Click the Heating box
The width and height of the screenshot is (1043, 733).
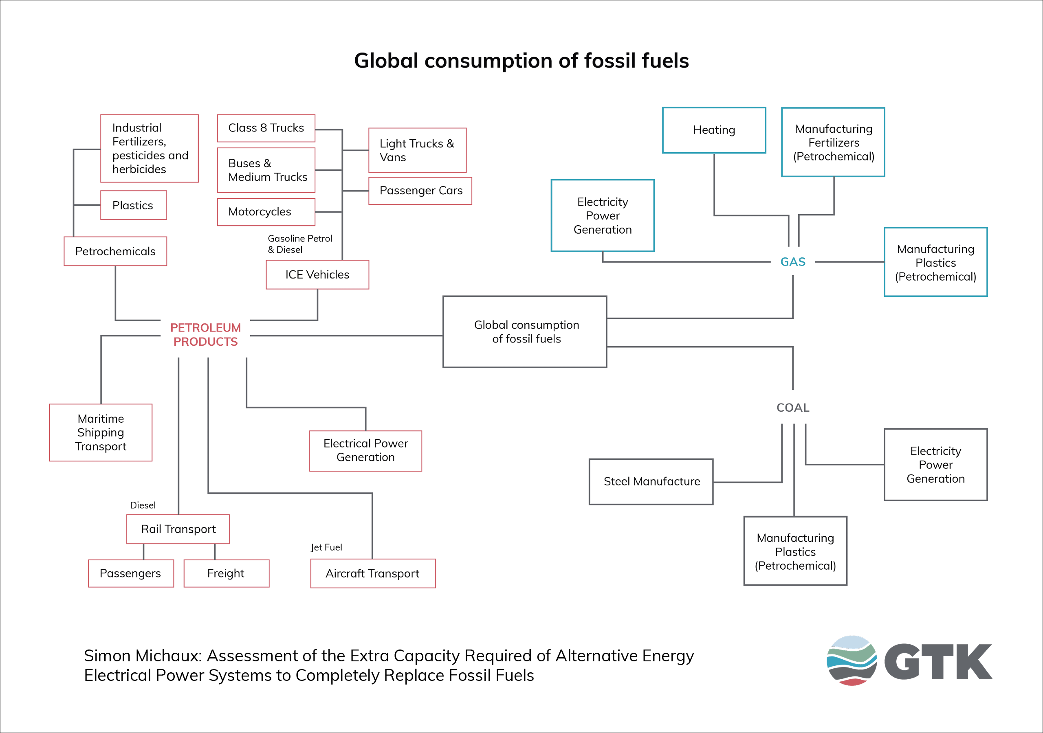714,130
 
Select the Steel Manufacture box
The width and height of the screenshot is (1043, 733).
651,481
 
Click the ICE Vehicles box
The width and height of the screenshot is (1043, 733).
317,274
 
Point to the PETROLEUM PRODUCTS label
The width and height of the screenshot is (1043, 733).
205,335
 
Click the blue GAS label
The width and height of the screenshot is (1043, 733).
793,262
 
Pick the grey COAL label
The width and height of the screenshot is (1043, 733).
793,407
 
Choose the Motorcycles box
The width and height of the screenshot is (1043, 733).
266,212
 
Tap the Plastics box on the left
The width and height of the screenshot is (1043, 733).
133,205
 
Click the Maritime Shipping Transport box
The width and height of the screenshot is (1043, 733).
100,432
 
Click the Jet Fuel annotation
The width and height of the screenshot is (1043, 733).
326,547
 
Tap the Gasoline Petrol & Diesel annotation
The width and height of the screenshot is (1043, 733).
299,244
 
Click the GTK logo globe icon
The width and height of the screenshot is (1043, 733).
851,661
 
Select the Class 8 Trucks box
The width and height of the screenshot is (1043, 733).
266,128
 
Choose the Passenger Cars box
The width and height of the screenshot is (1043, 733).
420,191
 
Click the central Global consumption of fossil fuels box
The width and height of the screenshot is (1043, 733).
525,331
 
